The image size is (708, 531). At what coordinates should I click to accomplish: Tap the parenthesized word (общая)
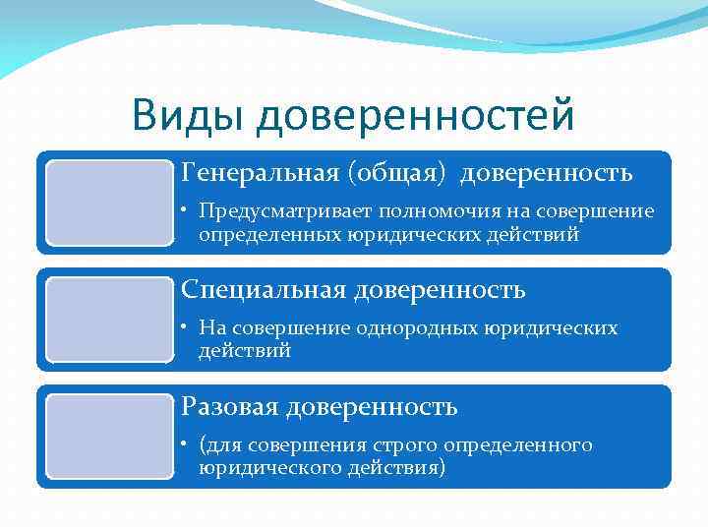tap(395, 174)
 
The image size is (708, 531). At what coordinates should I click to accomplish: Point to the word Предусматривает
tap(270, 211)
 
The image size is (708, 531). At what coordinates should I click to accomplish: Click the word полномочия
tap(397, 211)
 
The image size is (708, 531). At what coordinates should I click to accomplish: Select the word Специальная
tap(264, 290)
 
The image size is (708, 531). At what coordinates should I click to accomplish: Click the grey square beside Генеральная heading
tap(109, 202)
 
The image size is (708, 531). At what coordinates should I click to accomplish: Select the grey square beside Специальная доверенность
tap(109, 319)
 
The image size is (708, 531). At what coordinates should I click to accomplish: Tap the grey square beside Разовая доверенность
tap(109, 437)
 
